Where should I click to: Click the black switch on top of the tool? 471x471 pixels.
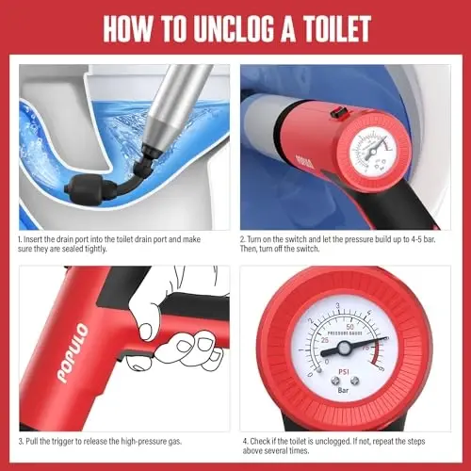pyautogui.click(x=333, y=112)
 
